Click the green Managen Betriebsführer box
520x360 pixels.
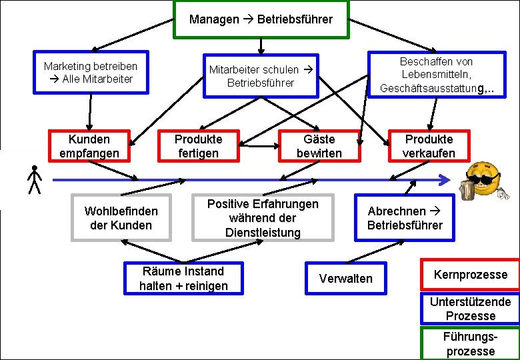pyautogui.click(x=261, y=19)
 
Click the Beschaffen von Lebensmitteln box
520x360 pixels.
pyautogui.click(x=437, y=74)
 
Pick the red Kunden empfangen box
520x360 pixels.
pyautogui.click(x=90, y=146)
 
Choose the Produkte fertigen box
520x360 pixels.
pyautogui.click(x=198, y=146)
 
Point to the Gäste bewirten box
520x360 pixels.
pyautogui.click(x=319, y=146)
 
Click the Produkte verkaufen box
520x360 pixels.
pyautogui.click(x=429, y=146)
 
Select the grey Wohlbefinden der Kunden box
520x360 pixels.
pyautogui.click(x=121, y=218)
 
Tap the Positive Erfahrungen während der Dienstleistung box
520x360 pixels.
pyautogui.click(x=263, y=218)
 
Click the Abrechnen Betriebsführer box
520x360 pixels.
pyautogui.click(x=404, y=218)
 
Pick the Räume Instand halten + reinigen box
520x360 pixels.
pyautogui.click(x=183, y=278)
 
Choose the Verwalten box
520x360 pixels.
pyautogui.click(x=346, y=278)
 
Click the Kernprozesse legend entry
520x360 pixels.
pyautogui.click(x=470, y=275)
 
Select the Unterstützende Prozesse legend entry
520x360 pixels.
pyautogui.click(x=470, y=309)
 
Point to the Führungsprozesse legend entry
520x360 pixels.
pyautogui.click(x=470, y=343)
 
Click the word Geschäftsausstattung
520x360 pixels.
pyautogui.click(x=428, y=88)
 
